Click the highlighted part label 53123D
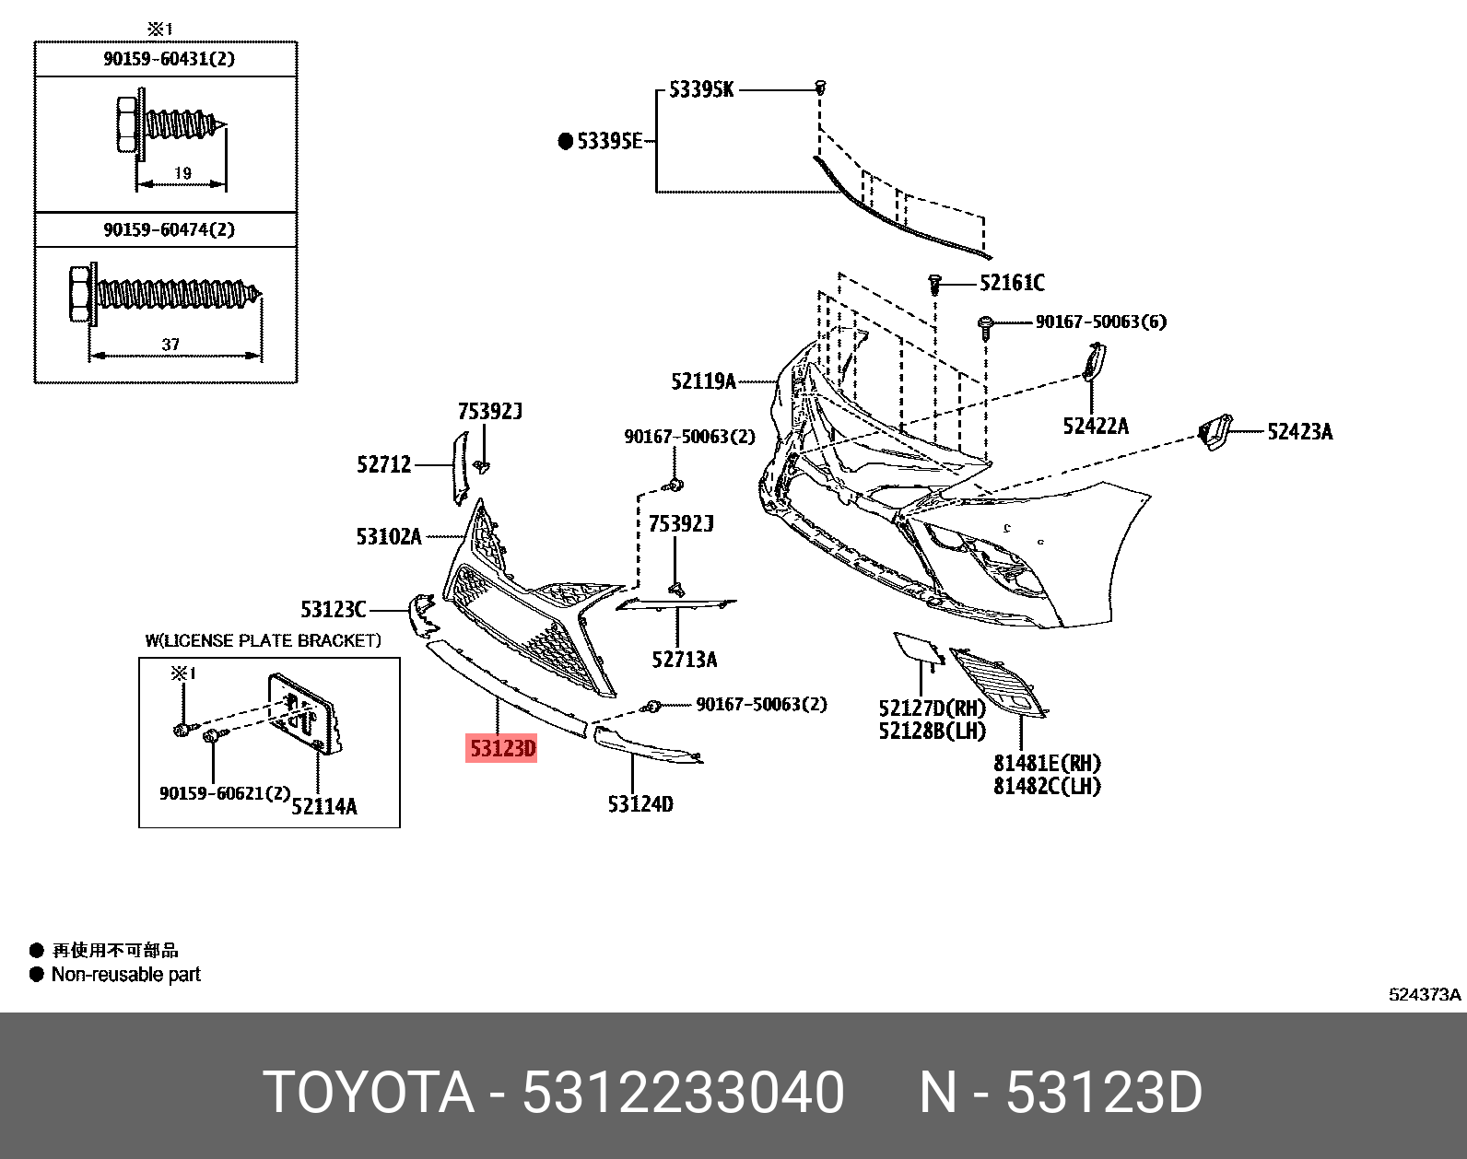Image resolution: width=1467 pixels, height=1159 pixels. point(502,749)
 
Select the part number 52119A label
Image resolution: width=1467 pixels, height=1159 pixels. point(703,381)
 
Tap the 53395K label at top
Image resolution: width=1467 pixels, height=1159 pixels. point(701,90)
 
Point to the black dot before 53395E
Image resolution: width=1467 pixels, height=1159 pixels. point(566,142)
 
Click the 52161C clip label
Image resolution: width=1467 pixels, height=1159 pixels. point(1012,283)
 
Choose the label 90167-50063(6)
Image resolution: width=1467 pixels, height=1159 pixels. point(1100,322)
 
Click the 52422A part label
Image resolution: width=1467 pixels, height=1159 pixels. point(1095,426)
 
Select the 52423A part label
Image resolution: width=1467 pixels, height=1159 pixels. point(1299,432)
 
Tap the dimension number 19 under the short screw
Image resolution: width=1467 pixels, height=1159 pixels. point(182,172)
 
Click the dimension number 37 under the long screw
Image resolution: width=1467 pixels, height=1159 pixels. point(170,345)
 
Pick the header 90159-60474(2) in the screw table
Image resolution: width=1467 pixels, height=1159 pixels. point(169,229)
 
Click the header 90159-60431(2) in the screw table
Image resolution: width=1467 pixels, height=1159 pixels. point(169,59)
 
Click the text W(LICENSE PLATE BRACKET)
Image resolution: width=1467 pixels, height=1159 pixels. point(263,640)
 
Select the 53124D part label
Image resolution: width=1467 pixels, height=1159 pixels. point(640,804)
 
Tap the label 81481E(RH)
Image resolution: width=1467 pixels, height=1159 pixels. point(1047,763)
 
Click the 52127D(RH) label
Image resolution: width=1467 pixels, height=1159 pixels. point(932,708)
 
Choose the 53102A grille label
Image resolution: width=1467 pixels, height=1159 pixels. point(388,536)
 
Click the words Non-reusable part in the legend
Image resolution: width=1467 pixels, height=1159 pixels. point(125,975)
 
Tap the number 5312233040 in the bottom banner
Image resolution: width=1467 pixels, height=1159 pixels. point(683,1093)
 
